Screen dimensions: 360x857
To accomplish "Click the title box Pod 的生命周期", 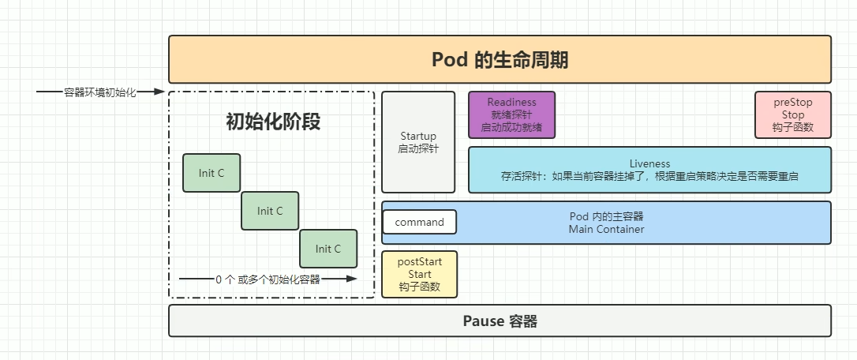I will (x=500, y=59).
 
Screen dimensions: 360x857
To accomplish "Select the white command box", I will (x=419, y=222).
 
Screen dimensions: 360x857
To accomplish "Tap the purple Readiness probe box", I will (x=511, y=114).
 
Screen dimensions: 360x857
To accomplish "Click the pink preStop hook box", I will (x=792, y=114).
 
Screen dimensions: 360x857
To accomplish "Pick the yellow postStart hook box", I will (x=419, y=274).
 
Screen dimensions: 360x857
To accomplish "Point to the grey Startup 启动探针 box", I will (x=418, y=142).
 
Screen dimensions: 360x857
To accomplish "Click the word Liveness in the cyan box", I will (x=649, y=164).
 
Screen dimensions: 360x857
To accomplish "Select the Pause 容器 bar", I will (x=500, y=321).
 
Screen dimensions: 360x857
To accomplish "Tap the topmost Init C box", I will (x=211, y=173).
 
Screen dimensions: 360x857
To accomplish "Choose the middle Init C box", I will (x=270, y=211).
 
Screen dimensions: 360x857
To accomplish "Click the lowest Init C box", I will (x=328, y=249).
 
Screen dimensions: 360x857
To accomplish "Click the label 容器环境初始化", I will (x=100, y=92).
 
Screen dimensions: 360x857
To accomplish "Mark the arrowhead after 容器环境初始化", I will (x=160, y=92).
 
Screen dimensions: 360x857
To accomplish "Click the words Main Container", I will (x=606, y=230).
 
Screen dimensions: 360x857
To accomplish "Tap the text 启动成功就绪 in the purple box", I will (x=511, y=127).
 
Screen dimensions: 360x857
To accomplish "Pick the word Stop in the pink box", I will (x=792, y=114).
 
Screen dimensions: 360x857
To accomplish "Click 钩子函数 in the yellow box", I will (x=419, y=287).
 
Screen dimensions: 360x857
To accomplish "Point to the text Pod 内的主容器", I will (x=606, y=216).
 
